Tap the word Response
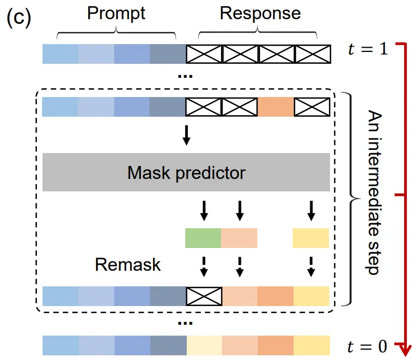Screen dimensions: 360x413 click(x=260, y=13)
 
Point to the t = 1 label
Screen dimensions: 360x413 click(x=368, y=50)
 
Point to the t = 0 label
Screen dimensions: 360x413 click(x=368, y=344)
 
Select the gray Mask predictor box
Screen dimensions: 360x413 click(x=186, y=172)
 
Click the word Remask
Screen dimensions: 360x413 click(x=128, y=265)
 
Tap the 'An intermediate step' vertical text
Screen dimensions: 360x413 click(x=373, y=191)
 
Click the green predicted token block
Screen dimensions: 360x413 click(x=203, y=237)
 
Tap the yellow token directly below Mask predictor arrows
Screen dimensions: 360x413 click(x=310, y=237)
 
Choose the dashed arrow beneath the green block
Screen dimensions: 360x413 click(x=203, y=266)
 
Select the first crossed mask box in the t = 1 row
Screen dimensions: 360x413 click(x=204, y=54)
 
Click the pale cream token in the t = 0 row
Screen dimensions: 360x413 click(x=204, y=344)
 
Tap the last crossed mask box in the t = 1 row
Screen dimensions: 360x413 click(x=312, y=54)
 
